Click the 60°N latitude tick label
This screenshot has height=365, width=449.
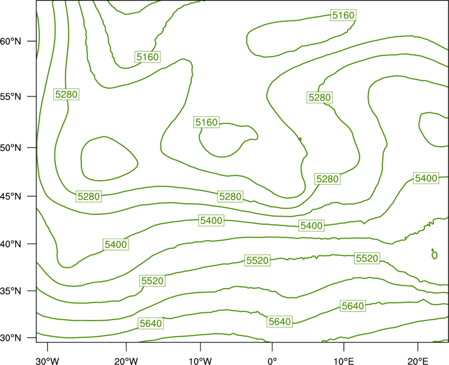tap(11, 41)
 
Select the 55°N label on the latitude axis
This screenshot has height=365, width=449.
tap(11, 96)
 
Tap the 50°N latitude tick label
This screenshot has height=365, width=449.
tap(11, 148)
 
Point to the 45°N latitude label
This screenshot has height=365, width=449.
tap(11, 196)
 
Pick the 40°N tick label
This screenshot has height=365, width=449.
tap(11, 244)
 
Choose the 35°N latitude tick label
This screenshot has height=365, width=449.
tap(11, 291)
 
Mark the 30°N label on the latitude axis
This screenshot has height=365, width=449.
tap(11, 338)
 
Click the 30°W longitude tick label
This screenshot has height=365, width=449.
tap(48, 361)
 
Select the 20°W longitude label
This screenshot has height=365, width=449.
tap(126, 361)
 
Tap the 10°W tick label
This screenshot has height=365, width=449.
tap(200, 361)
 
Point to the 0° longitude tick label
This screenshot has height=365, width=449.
tap(272, 361)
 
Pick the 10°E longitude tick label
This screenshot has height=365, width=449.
tap(343, 361)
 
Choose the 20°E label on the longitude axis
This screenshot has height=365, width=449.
tap(418, 361)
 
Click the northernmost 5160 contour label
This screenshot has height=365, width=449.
tap(343, 15)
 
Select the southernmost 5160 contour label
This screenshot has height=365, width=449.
tap(206, 122)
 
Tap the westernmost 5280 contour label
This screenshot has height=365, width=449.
tap(66, 94)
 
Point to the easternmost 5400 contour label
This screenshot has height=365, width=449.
tap(426, 178)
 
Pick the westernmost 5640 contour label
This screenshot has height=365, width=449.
tap(150, 323)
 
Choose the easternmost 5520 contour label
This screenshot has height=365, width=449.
tap(367, 258)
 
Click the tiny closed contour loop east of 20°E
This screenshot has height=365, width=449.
tap(434, 255)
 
